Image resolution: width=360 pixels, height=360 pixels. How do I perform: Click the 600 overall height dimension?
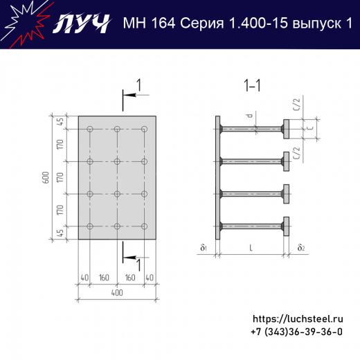tap(46, 177)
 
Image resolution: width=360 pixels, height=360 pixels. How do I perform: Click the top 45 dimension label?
tap(60, 122)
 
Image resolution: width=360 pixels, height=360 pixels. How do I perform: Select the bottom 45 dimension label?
tap(60, 232)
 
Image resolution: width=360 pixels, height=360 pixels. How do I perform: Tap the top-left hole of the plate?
tap(91, 129)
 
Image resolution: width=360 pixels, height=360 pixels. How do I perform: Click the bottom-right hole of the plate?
tap(144, 226)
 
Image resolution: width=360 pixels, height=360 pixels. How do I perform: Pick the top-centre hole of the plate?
tap(118, 129)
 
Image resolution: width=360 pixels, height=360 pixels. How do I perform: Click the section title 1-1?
tap(252, 86)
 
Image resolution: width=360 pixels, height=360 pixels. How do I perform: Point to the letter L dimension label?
tap(251, 247)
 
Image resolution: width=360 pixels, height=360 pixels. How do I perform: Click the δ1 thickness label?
tap(204, 247)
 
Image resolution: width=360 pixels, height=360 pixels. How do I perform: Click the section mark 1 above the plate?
tap(138, 85)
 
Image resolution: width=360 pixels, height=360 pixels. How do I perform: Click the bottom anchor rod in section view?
tap(252, 226)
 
